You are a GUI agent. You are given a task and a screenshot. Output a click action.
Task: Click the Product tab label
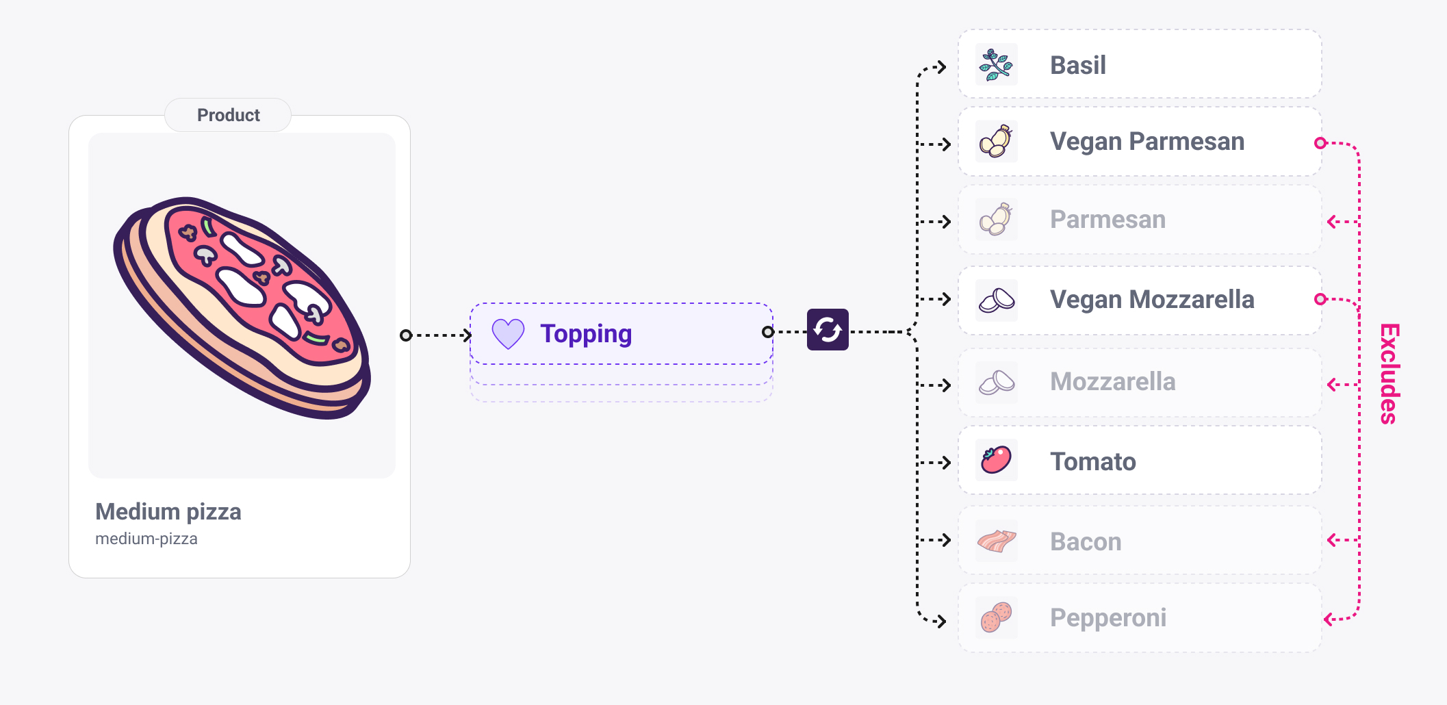[228, 115]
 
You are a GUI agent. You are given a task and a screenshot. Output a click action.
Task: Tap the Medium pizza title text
[168, 511]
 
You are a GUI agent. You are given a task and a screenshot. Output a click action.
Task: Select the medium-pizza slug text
[146, 539]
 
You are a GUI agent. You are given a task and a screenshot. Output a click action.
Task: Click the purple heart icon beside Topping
[508, 334]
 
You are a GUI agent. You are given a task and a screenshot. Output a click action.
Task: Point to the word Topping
[586, 334]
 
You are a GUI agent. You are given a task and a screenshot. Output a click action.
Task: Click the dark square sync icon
[828, 330]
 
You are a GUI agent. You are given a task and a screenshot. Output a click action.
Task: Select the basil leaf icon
[996, 65]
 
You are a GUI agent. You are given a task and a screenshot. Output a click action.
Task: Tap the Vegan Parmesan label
[1147, 142]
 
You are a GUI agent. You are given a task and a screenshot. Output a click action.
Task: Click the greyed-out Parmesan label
[1107, 220]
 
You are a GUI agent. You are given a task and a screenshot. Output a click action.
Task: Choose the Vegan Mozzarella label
[1152, 300]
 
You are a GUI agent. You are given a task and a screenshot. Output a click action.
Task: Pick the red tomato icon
[996, 460]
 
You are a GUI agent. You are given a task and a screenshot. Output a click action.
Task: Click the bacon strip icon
[996, 541]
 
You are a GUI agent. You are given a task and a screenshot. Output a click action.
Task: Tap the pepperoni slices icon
[996, 617]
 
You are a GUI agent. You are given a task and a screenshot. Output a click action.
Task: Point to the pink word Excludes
[1389, 374]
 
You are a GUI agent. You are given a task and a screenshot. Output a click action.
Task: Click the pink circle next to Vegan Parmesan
[1320, 143]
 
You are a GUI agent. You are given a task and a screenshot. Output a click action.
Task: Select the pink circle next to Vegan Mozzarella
[1320, 299]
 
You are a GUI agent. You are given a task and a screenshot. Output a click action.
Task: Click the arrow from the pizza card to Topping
[438, 335]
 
